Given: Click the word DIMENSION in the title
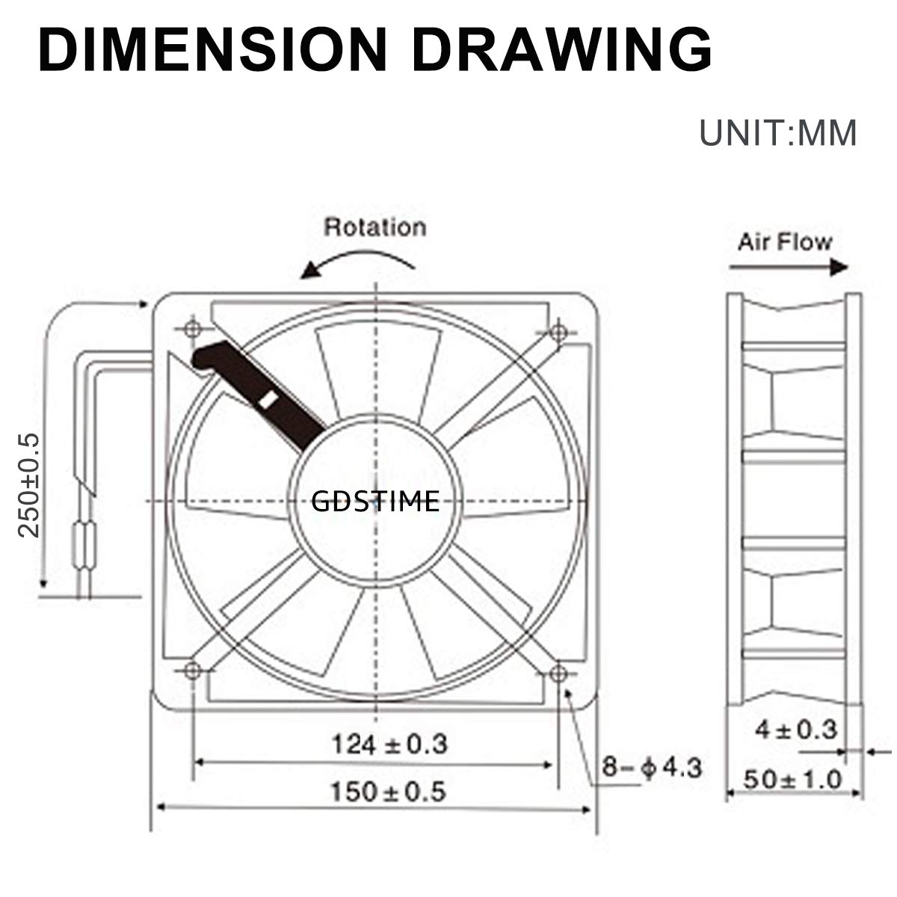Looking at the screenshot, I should click(213, 49).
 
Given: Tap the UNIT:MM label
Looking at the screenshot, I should click(777, 133).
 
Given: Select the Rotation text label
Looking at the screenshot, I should click(374, 227).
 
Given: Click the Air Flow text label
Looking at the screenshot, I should click(784, 241).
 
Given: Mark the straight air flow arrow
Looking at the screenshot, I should click(789, 267).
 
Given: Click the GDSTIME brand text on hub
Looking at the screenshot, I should click(374, 502).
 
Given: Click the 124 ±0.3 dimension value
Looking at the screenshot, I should click(389, 744).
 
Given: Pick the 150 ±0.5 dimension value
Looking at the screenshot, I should click(388, 791).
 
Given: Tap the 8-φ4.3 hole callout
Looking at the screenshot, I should click(652, 768).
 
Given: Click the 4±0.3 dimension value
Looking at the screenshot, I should click(796, 729).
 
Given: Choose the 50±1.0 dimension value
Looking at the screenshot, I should click(792, 780).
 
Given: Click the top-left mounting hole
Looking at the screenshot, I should click(192, 329).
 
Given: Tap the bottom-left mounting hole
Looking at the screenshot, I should click(192, 670).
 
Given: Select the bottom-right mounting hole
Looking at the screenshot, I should click(558, 673).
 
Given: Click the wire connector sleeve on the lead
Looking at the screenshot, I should click(86, 542).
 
